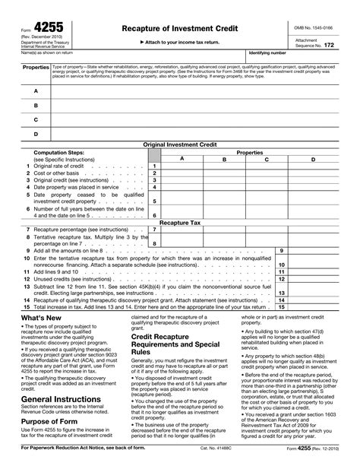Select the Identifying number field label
(267, 53)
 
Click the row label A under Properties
(35, 90)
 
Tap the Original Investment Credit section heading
(179, 144)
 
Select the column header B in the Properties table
(224, 159)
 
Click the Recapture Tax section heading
(179, 223)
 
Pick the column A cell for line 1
(182, 166)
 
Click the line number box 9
(280, 250)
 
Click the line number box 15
(280, 306)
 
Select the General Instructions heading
(60, 398)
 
